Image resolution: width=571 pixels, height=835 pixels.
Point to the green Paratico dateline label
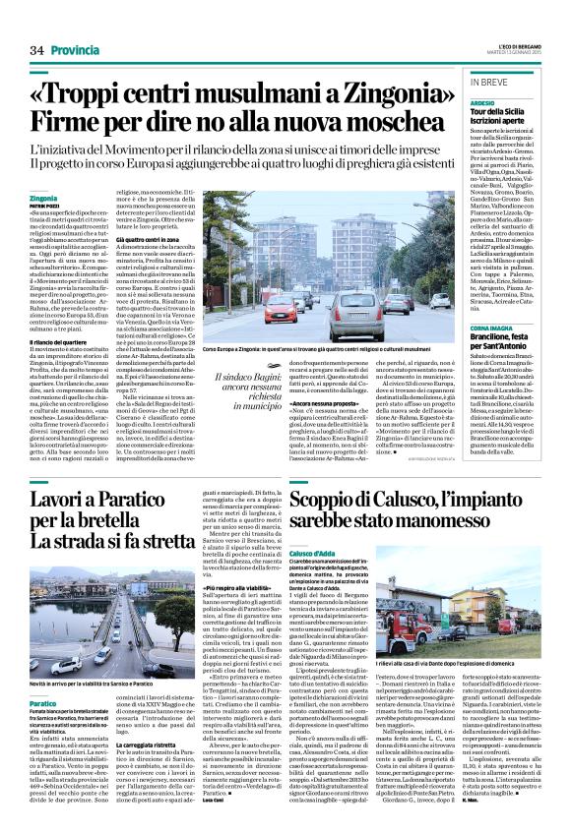click(x=43, y=678)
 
